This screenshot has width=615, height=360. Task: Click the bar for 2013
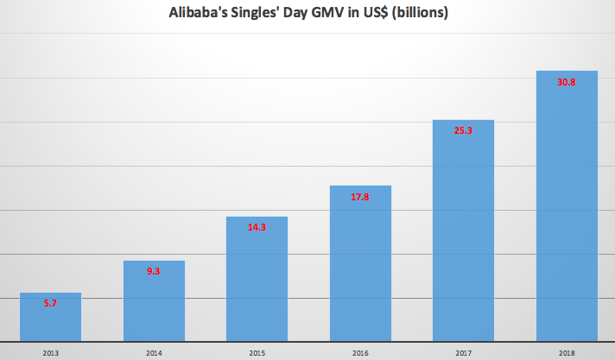click(50, 318)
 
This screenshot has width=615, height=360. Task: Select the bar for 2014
click(154, 301)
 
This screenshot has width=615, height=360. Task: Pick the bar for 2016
click(360, 263)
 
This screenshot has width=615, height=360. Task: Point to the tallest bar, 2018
click(567, 206)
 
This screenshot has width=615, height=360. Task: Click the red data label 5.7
click(50, 304)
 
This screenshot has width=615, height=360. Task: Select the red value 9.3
click(154, 272)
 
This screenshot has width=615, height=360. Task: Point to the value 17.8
click(360, 197)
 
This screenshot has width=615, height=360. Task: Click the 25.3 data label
click(464, 131)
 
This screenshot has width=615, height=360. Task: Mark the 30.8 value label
click(567, 82)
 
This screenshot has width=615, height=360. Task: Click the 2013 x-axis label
click(50, 351)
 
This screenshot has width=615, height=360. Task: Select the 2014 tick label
click(154, 351)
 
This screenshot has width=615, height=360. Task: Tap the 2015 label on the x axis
click(257, 351)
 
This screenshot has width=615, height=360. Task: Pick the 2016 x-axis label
click(360, 351)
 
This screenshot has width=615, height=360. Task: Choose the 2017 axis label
click(464, 351)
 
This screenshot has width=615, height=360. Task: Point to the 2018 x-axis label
click(567, 351)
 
